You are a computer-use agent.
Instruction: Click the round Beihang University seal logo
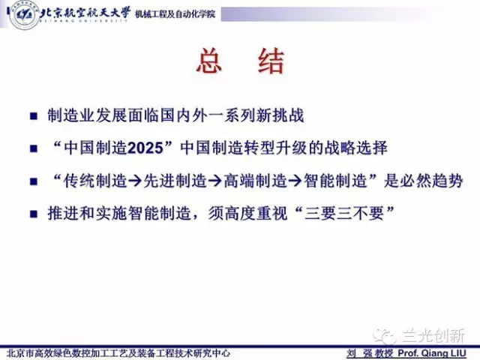[24, 15]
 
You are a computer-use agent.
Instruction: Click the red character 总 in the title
[209, 61]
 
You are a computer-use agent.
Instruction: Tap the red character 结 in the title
[271, 61]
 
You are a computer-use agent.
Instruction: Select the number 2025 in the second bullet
[145, 148]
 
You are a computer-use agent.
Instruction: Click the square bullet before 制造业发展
[33, 116]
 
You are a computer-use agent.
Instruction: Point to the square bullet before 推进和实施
[33, 214]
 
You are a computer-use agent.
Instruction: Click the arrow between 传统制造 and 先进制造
[135, 181]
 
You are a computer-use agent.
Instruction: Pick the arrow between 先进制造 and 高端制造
[215, 181]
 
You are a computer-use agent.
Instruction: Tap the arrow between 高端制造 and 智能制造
[295, 181]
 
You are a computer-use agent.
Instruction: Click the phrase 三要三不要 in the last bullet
[344, 213]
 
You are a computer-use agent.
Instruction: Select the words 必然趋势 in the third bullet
[431, 181]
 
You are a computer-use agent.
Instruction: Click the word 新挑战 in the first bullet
[280, 115]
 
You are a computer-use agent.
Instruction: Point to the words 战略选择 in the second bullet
[356, 148]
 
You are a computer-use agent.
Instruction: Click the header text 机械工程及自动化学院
[175, 13]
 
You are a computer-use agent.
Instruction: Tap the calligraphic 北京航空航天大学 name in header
[85, 13]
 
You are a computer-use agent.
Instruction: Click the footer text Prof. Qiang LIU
[432, 353]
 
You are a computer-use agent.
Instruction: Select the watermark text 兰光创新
[433, 335]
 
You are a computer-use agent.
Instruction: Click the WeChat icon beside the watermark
[385, 336]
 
